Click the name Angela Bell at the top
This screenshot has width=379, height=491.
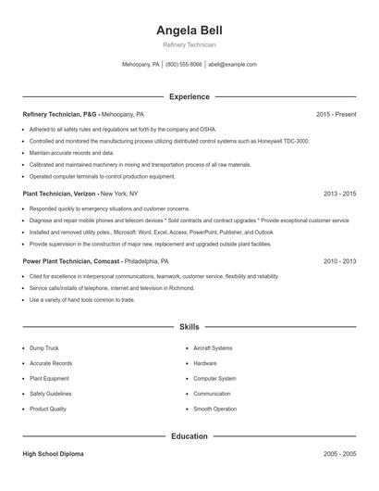(x=189, y=30)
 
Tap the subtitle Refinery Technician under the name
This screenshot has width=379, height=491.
(x=189, y=44)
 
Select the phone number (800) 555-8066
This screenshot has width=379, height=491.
(x=184, y=65)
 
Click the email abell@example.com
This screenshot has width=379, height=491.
(x=232, y=65)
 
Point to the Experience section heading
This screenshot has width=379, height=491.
(x=189, y=96)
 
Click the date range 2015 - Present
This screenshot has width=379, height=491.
(x=336, y=114)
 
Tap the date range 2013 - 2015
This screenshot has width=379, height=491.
(x=339, y=194)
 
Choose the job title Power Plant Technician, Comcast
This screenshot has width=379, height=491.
(x=70, y=261)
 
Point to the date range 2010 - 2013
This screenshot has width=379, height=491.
(x=339, y=261)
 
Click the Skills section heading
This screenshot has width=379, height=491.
(x=189, y=326)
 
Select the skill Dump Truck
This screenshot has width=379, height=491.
(x=44, y=348)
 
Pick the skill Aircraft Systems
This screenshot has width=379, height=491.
(x=213, y=348)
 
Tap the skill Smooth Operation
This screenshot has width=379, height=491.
(x=214, y=409)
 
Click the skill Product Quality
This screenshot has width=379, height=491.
(x=48, y=409)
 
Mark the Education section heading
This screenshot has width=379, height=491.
(x=189, y=435)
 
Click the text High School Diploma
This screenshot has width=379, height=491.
(x=55, y=455)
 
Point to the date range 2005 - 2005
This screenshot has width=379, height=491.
(x=339, y=455)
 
